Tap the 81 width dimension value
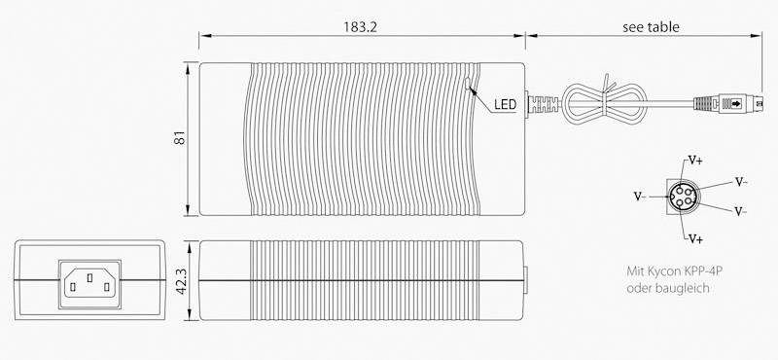pos(179,139)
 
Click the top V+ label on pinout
pos(696,159)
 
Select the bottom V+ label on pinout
pos(696,237)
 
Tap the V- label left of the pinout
pos(640,196)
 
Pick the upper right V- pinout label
pos(741,181)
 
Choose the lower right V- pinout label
pos(741,211)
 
